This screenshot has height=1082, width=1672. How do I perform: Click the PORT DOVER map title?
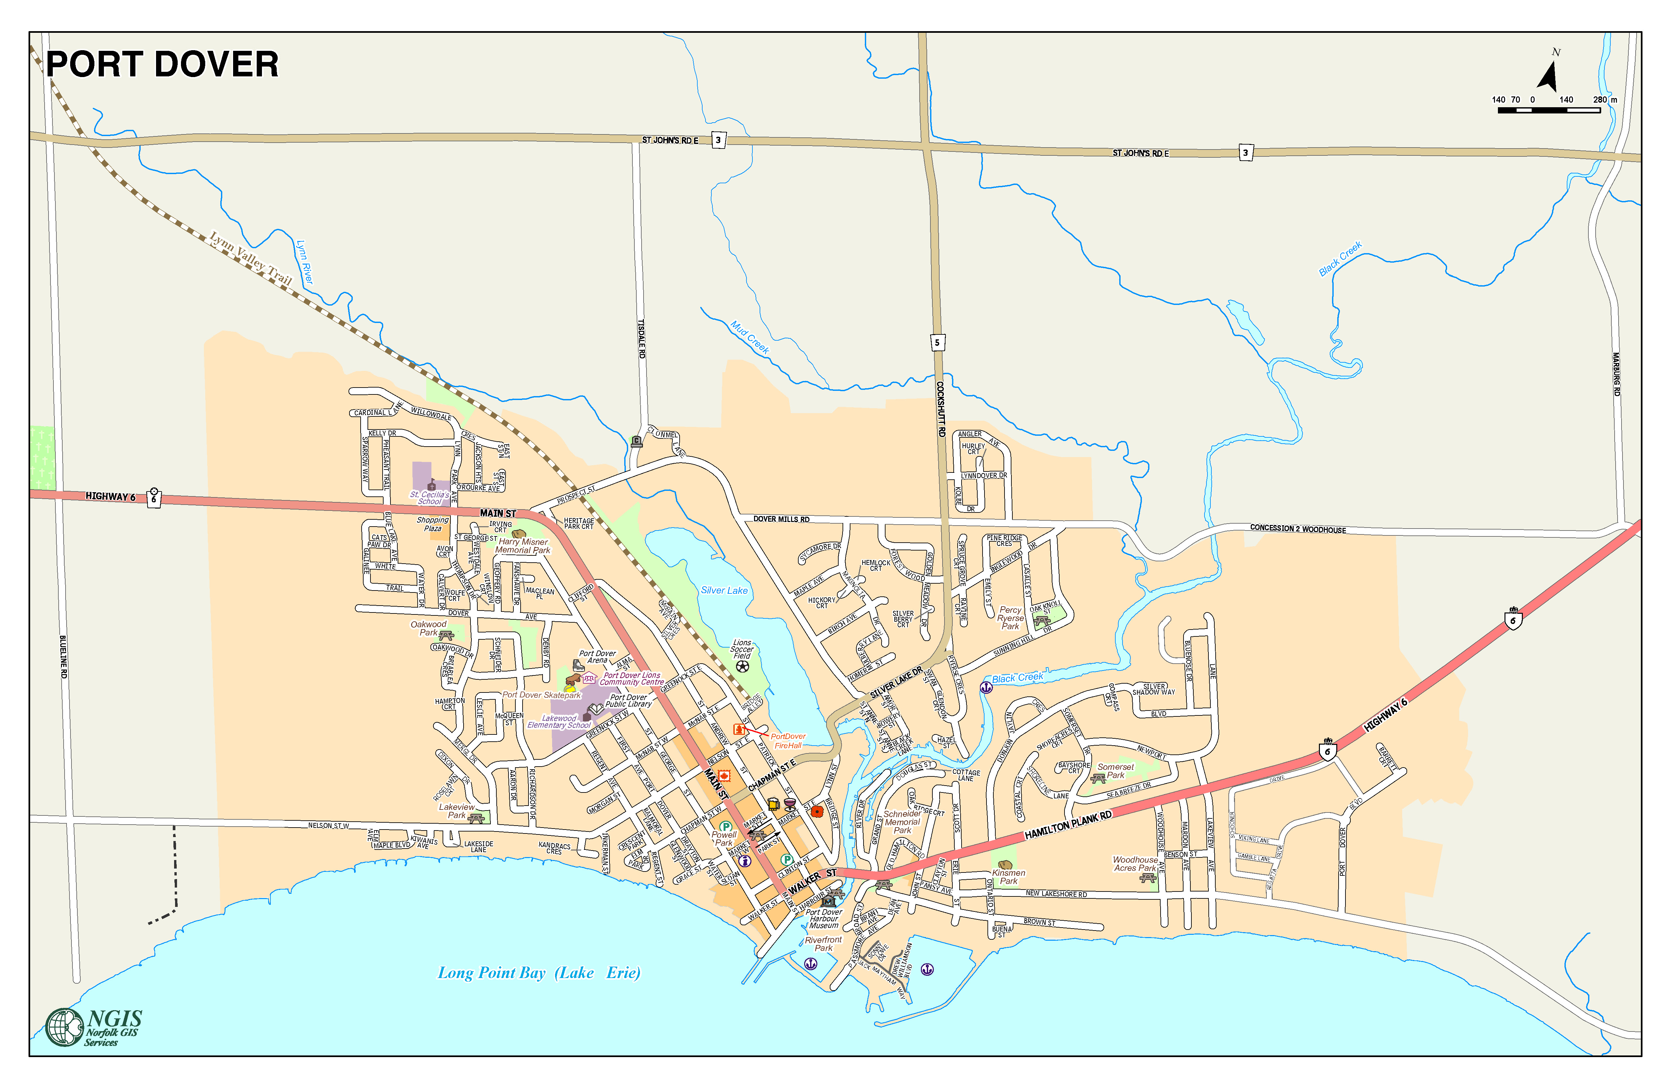coord(162,65)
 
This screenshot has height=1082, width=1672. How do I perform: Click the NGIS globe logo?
coord(65,1027)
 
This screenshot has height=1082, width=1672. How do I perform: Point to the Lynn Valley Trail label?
coord(251,258)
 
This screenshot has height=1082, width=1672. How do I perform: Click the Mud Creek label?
coord(749,337)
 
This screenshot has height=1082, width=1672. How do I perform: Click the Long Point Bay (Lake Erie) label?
coord(539,972)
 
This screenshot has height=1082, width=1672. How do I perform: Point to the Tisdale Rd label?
coord(641,339)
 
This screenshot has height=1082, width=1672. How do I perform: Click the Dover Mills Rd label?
coord(781,519)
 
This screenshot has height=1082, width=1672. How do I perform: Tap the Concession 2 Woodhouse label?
coord(1298,529)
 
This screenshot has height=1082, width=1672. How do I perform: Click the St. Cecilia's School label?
coord(429,497)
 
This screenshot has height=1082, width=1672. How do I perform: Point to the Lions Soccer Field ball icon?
coord(743,666)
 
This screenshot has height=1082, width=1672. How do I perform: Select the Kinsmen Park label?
coord(1009,877)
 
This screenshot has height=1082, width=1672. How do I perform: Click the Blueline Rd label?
coord(63,657)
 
